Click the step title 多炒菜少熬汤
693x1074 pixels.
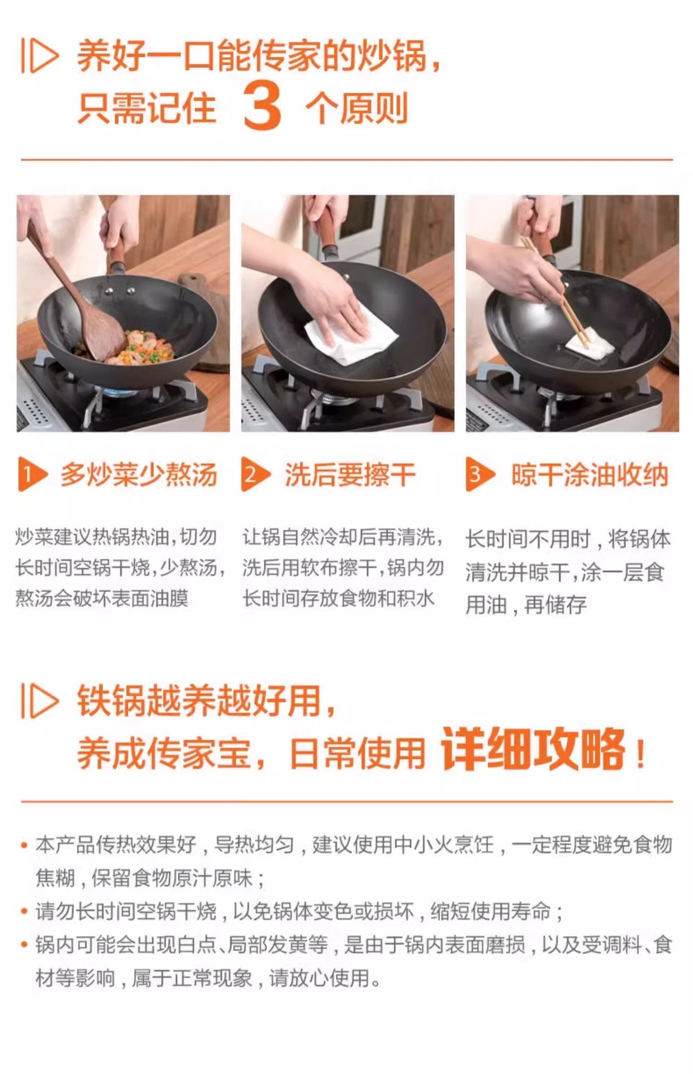pyautogui.click(x=139, y=475)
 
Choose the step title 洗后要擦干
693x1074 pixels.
pyautogui.click(x=350, y=475)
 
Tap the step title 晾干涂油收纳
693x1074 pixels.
pyautogui.click(x=590, y=475)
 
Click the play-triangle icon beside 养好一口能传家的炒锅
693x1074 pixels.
pyautogui.click(x=40, y=55)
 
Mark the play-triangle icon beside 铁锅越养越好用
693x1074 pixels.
pyautogui.click(x=40, y=700)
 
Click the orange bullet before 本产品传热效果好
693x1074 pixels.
pyautogui.click(x=24, y=845)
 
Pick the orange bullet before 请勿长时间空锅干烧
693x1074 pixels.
pyautogui.click(x=24, y=912)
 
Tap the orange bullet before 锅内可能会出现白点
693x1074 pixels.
pyautogui.click(x=24, y=945)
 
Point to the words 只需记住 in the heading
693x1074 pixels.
pyautogui.click(x=147, y=108)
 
